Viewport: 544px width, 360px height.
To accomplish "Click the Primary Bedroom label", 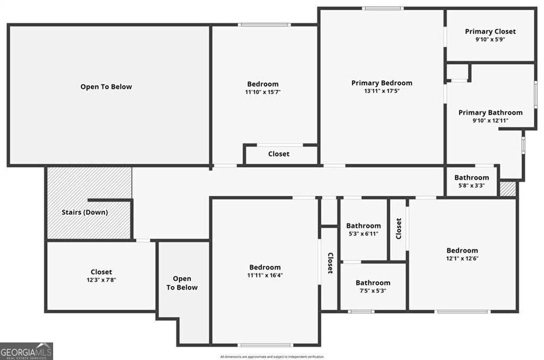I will click(x=381, y=83).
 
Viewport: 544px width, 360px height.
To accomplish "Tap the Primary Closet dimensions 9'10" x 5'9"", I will click(x=490, y=39).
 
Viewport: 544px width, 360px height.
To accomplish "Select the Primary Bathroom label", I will click(x=490, y=113).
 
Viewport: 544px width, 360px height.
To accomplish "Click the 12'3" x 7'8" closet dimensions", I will click(x=101, y=280).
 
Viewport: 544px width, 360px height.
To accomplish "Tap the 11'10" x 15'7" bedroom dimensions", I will click(x=262, y=92).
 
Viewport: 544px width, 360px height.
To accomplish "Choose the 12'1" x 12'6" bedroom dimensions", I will click(x=462, y=258).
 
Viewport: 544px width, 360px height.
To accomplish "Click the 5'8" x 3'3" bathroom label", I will click(x=471, y=178).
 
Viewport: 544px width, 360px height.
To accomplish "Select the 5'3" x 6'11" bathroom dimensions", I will click(x=363, y=233).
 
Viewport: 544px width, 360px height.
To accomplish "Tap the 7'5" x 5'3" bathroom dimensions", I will click(x=372, y=291).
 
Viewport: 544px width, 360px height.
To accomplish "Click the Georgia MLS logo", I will click(x=27, y=351).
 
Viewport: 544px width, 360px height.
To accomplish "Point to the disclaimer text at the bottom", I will click(x=271, y=357).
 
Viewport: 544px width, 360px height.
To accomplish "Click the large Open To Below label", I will click(x=106, y=87).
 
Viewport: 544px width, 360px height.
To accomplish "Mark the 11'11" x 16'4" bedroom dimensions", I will click(x=265, y=275).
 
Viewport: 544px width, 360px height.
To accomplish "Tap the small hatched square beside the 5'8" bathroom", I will click(x=508, y=189).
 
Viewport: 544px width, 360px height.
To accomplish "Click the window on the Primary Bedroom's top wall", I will click(x=383, y=9).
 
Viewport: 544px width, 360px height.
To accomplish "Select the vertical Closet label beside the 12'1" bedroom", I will click(x=398, y=229).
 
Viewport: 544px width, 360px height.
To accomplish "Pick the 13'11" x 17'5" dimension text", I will click(x=381, y=91).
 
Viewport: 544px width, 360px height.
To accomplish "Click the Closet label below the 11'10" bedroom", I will click(x=279, y=154).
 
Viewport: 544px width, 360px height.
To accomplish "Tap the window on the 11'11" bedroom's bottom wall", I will click(x=265, y=345).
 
